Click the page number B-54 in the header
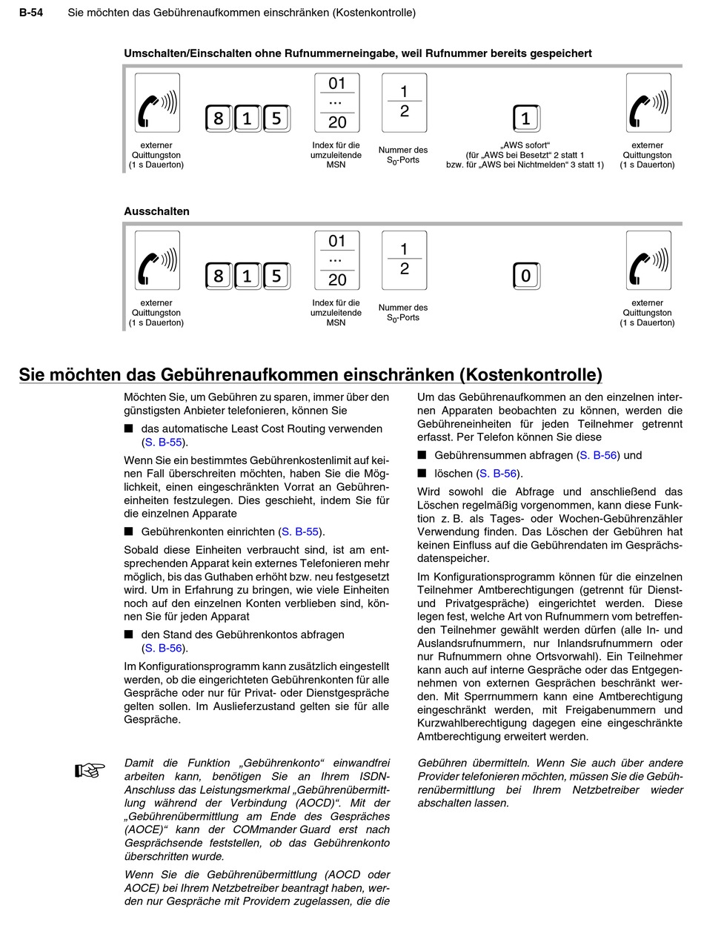(x=30, y=13)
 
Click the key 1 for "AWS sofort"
(x=525, y=119)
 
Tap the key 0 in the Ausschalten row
(x=525, y=276)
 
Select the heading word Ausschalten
(x=156, y=211)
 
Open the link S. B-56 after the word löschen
(x=498, y=473)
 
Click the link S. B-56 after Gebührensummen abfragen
(x=598, y=455)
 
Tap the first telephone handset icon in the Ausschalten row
(x=157, y=260)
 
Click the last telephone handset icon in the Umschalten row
(x=648, y=102)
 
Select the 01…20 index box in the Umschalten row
(x=337, y=102)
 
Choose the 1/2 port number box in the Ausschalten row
(x=404, y=260)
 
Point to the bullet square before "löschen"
(x=422, y=473)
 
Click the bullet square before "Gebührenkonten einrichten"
(x=128, y=532)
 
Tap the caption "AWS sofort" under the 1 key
(x=525, y=145)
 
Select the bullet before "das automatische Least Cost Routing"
(x=128, y=428)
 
